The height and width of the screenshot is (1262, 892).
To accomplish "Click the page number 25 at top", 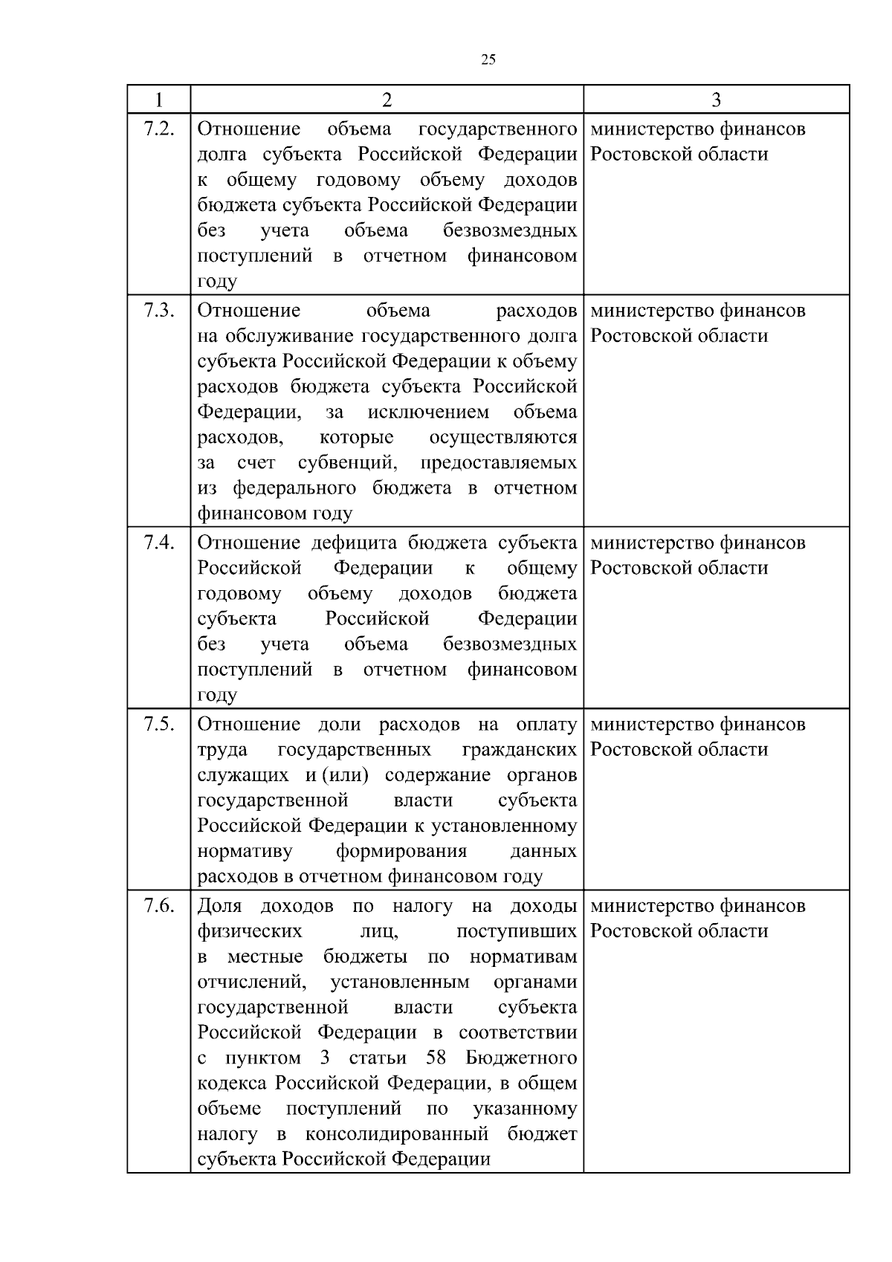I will tap(488, 60).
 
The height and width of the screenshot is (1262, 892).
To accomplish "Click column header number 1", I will tap(158, 100).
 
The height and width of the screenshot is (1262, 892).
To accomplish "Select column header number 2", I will tap(387, 100).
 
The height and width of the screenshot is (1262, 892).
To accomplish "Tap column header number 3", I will tap(716, 100).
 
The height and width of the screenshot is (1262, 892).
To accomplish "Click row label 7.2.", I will tap(158, 129).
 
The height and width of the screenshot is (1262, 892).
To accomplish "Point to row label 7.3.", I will tap(158, 311).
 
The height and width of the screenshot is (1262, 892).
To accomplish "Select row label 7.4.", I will tap(158, 543).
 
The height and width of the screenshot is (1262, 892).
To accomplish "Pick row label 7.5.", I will tap(158, 724).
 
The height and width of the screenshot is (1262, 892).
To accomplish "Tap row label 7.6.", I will tap(158, 906).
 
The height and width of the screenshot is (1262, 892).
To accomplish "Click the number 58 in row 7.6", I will tap(436, 1058).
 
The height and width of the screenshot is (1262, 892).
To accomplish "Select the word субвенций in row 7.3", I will tap(346, 463).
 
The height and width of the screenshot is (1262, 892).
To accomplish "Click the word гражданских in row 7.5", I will tap(519, 750).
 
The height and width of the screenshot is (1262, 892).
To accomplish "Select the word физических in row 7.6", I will tap(249, 932).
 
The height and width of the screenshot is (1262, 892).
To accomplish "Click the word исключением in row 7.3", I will tap(428, 412).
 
